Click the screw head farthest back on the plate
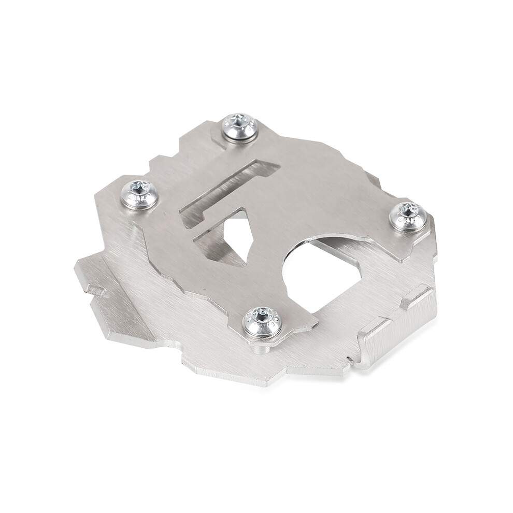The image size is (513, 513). [240, 127]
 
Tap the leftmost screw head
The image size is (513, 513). [139, 194]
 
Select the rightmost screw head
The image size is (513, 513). [408, 216]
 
